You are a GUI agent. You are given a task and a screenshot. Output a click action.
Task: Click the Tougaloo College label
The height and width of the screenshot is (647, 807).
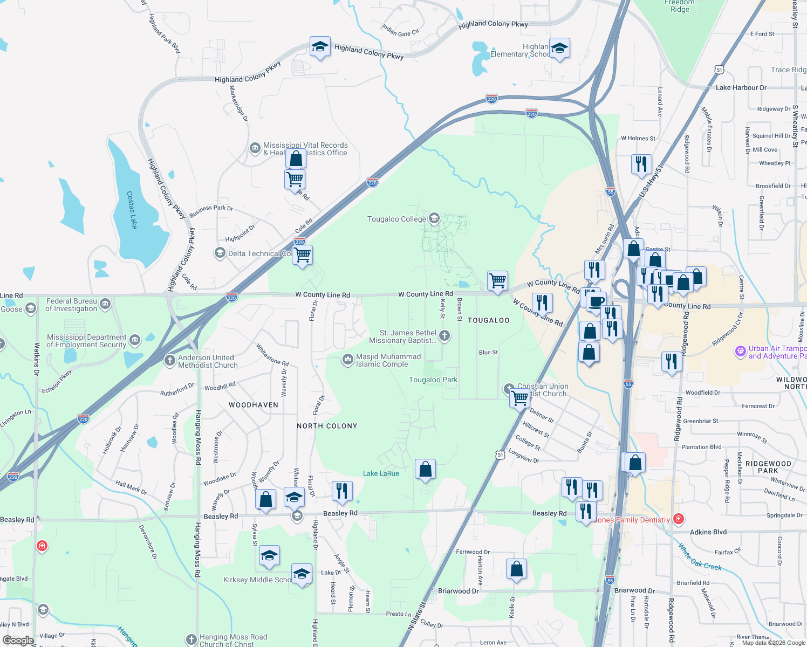396,219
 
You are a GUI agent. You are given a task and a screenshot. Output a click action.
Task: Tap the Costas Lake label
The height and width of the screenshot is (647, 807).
132,210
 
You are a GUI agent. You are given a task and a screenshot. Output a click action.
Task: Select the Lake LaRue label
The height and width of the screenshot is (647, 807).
381,473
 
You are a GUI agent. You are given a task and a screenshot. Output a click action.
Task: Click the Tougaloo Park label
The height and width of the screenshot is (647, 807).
433,380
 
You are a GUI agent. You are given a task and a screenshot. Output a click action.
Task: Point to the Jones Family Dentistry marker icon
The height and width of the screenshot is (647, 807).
679,519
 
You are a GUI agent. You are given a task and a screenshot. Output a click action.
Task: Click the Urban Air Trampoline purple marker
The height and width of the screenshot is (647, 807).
741,352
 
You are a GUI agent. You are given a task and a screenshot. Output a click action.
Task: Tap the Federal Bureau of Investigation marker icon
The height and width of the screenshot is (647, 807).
105,304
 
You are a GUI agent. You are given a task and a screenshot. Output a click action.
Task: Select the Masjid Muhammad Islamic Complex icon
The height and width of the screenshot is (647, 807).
348,360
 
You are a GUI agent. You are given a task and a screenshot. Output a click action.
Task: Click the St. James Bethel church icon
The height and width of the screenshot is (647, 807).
444,336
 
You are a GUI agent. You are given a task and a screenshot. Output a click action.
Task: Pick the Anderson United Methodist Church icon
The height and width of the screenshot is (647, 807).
170,360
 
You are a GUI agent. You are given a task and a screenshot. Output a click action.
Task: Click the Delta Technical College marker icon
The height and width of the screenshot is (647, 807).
220,253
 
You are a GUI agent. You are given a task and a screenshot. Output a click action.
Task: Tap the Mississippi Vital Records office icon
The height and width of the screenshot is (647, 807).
255,148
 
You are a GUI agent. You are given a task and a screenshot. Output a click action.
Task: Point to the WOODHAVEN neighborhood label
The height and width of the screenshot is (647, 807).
254,405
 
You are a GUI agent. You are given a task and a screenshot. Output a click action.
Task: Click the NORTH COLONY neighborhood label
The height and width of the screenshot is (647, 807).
327,426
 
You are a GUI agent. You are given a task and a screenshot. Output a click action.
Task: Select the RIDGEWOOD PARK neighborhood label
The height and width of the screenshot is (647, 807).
768,467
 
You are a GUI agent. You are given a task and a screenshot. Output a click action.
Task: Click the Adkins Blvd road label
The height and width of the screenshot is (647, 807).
708,532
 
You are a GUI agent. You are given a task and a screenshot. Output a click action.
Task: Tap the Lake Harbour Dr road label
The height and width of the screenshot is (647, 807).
741,87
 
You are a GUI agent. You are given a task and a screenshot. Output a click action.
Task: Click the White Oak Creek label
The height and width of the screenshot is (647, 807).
700,558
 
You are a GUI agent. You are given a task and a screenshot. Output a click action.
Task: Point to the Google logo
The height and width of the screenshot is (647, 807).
18,641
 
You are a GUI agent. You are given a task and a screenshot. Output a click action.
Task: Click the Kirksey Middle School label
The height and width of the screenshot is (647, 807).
257,580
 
